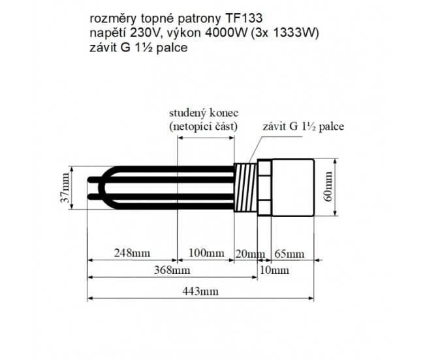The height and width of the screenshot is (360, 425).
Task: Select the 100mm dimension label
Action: coord(205,252)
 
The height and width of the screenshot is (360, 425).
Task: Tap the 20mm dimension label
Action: coord(249,253)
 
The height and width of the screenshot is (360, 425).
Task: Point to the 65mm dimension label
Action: coord(288,253)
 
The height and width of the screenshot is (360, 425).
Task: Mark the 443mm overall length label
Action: coord(200,292)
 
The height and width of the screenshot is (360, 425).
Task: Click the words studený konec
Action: coord(204,112)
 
